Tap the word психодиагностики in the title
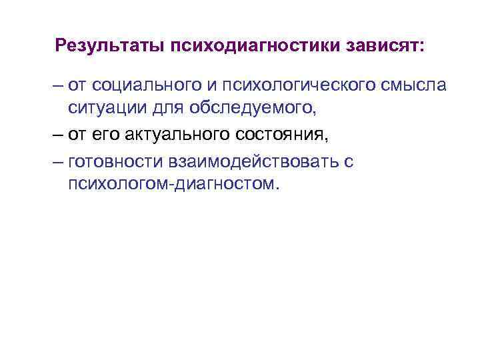(x=253, y=46)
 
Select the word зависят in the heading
(x=381, y=46)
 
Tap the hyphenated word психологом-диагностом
(x=170, y=183)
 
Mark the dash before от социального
(x=58, y=86)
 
